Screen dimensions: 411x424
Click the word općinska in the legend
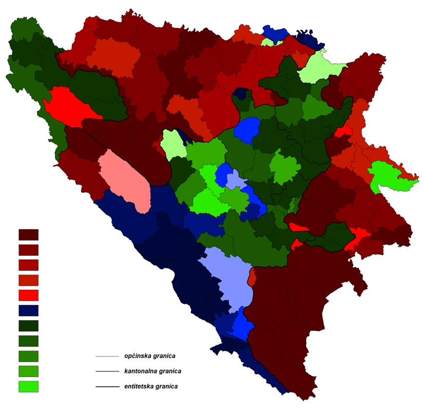tap(138, 356)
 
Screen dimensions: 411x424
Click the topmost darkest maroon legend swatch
tap(29, 235)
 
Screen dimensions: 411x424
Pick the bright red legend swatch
tap(29, 295)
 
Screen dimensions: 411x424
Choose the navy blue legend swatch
tap(29, 310)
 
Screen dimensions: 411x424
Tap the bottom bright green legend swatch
tap(29, 386)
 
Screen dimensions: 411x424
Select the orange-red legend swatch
tap(29, 280)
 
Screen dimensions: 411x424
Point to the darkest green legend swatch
tap(29, 326)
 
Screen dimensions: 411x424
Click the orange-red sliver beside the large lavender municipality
tap(252, 277)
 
